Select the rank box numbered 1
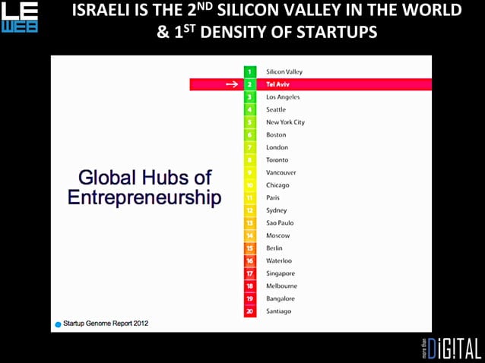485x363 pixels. click(250, 72)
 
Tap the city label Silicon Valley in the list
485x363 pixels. click(284, 72)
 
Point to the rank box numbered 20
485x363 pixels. click(250, 311)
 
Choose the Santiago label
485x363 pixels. click(278, 311)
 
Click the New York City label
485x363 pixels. click(285, 122)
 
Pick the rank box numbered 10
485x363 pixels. click(250, 185)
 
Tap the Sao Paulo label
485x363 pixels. click(280, 223)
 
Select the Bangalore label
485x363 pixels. click(281, 298)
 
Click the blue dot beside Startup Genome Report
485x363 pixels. click(57, 324)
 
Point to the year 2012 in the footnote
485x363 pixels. click(139, 324)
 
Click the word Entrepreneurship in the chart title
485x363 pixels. click(144, 197)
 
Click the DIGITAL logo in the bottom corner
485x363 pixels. click(453, 349)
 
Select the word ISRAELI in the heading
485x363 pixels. click(106, 11)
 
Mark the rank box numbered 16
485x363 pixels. click(250, 261)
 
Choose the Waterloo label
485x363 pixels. click(279, 261)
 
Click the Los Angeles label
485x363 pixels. click(283, 97)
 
